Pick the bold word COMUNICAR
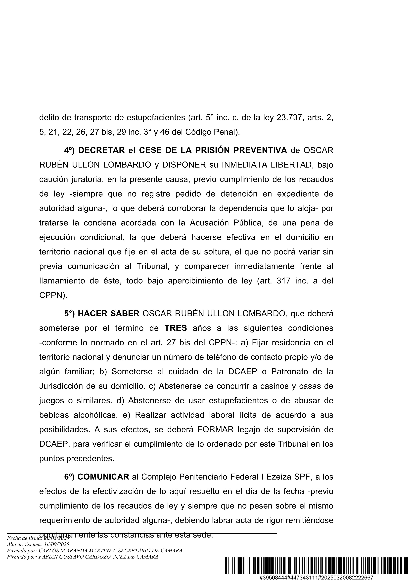pyautogui.click(x=103, y=477)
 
